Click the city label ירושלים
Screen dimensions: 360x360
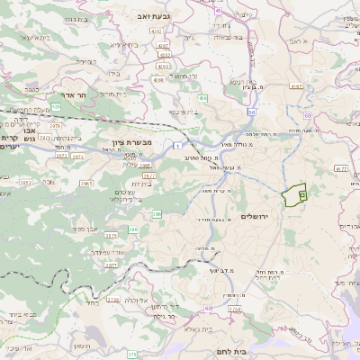tap(261, 217)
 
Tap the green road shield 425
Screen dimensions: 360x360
tap(56, 106)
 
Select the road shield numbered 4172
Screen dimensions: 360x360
tap(340, 168)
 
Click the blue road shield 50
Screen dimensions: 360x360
tap(252, 112)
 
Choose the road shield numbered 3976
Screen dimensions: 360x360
tap(57, 126)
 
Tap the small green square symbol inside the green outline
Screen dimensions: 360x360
tap(301, 193)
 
